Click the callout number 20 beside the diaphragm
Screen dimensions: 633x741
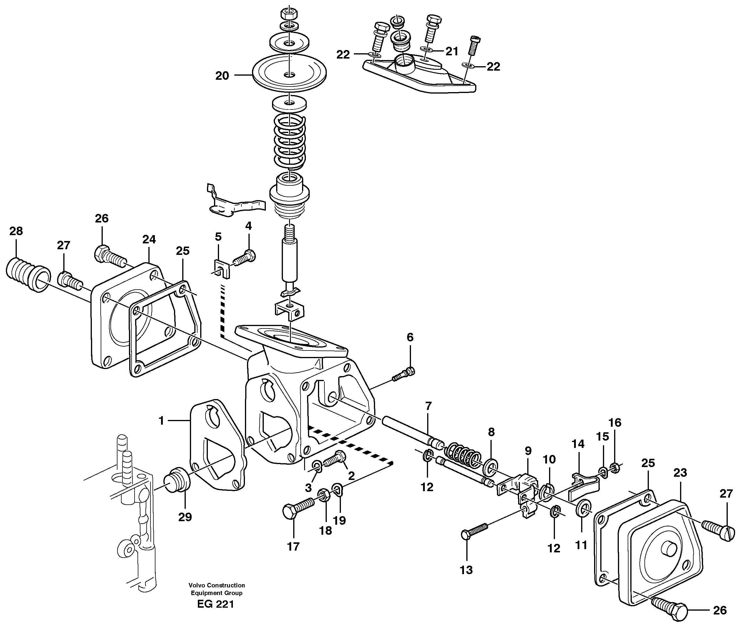coord(222,76)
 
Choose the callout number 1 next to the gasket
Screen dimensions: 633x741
coord(161,421)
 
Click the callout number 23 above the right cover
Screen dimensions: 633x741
coord(680,473)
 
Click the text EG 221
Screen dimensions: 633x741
coord(216,604)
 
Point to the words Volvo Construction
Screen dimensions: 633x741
coord(217,585)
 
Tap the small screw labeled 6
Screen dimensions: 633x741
coord(404,375)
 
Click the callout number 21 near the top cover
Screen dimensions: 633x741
coord(452,51)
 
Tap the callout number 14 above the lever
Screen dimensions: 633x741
coord(578,444)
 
